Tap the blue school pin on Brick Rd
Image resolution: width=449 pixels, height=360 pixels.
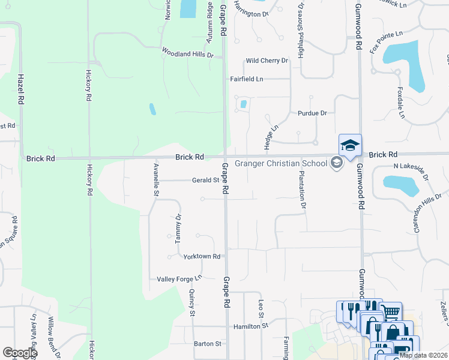coord(350,145)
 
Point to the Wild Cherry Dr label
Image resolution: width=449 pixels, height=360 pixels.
coord(267,61)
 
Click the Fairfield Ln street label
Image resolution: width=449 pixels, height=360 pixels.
coord(247,79)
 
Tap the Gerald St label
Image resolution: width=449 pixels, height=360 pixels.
coord(205,180)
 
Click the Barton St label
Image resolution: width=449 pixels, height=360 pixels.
coord(208,344)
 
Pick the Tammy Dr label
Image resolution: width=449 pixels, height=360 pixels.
coord(178,229)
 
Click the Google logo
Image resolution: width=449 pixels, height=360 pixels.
coord(19,353)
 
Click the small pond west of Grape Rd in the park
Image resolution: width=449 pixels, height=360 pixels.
coord(152,109)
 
